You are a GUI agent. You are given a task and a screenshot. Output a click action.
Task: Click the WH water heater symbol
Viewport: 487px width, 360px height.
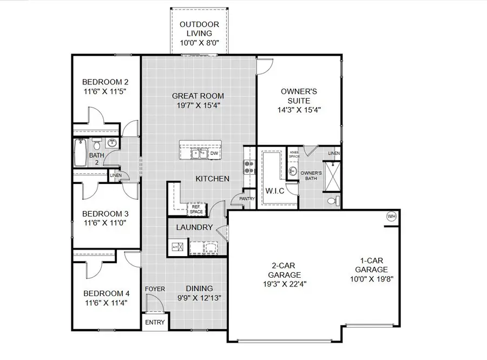[391, 217]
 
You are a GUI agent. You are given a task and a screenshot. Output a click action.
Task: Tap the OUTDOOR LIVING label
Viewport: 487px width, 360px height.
[199, 29]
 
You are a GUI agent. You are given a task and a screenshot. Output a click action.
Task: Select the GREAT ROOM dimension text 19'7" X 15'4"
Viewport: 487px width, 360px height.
[198, 106]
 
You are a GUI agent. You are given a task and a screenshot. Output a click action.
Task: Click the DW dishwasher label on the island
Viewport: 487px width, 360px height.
[214, 153]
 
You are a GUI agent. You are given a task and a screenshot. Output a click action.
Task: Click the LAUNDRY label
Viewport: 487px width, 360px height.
[194, 227]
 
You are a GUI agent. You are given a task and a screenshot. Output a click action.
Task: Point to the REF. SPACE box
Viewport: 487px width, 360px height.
[195, 209]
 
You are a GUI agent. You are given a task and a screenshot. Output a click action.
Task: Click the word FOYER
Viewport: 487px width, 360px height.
[155, 289]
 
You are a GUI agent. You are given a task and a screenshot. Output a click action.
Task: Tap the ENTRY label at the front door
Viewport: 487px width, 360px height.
[155, 322]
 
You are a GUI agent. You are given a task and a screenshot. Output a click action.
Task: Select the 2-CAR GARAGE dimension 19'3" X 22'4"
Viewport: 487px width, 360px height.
[282, 283]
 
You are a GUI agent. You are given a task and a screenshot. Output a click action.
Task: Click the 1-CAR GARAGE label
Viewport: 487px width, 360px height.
[371, 265]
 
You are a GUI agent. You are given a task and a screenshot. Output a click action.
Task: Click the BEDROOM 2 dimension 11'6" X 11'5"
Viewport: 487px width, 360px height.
[106, 92]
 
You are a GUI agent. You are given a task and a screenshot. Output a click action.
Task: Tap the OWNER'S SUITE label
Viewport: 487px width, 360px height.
[295, 96]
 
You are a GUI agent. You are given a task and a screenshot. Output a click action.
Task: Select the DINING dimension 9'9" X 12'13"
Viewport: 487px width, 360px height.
[200, 297]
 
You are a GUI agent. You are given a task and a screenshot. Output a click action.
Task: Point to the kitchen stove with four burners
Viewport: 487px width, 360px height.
[249, 167]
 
